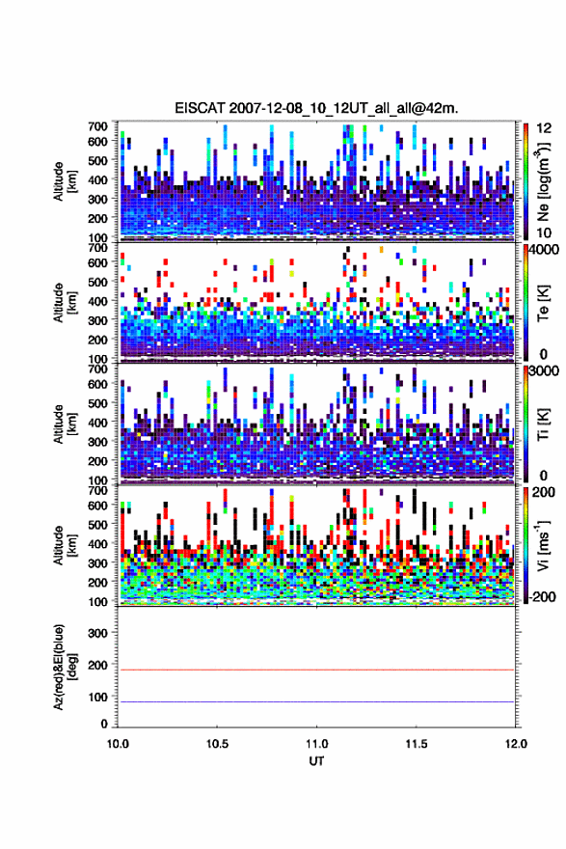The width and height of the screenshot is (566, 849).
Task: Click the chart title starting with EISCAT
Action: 316,108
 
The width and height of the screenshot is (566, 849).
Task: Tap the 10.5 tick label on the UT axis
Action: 217,744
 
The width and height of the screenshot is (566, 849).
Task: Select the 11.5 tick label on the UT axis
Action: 417,744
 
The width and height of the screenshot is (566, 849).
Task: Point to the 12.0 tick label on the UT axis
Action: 516,744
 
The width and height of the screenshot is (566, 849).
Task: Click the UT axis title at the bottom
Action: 316,761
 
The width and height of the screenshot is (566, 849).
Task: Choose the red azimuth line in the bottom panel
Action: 316,670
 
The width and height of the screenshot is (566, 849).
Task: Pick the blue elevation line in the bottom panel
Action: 316,701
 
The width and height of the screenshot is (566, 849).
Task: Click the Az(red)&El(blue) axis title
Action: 64,668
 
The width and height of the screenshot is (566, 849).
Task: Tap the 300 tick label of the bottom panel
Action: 97,633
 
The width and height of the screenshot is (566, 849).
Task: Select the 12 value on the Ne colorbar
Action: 544,127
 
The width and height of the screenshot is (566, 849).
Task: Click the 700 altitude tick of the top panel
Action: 97,126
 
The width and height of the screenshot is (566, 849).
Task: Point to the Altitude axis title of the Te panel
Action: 65,302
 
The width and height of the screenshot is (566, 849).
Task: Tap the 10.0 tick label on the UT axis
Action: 118,744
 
